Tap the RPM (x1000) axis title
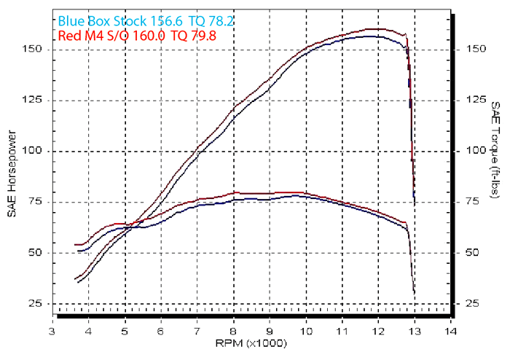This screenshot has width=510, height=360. click(x=251, y=343)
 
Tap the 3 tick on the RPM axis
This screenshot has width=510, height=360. click(x=52, y=330)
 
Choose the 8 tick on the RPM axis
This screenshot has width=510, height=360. click(x=233, y=330)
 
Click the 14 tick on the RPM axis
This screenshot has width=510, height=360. click(x=451, y=330)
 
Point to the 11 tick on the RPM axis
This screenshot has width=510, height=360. click(x=342, y=330)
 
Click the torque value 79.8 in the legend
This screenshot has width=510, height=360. click(x=201, y=34)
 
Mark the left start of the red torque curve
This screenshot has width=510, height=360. click(x=75, y=245)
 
